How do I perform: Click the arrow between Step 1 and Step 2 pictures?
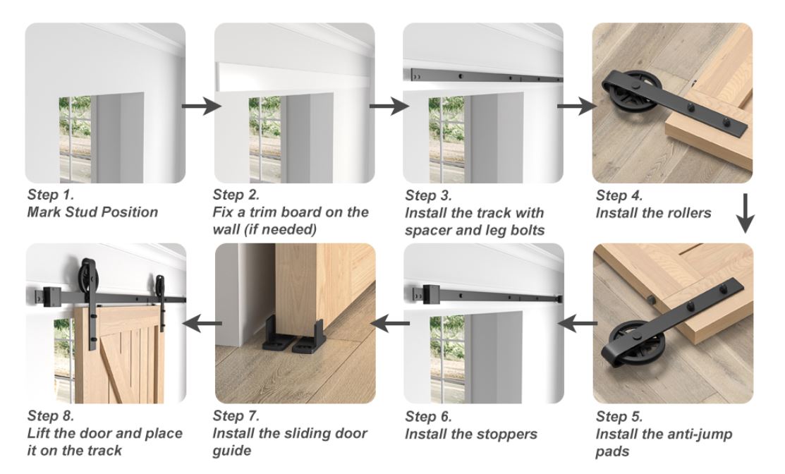click(x=200, y=107)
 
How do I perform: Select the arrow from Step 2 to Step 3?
click(x=389, y=107)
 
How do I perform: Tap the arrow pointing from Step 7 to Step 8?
click(x=200, y=324)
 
